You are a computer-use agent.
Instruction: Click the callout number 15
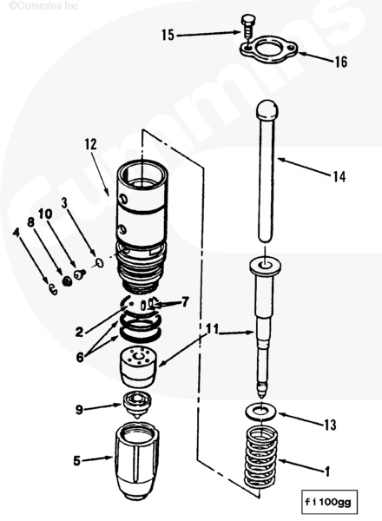click(168, 35)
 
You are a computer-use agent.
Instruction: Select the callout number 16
click(341, 62)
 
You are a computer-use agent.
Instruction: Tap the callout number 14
click(339, 177)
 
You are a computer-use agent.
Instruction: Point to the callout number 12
click(90, 144)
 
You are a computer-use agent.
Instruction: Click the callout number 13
click(330, 425)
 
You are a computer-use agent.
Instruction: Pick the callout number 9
click(79, 409)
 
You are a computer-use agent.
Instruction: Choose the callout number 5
click(76, 461)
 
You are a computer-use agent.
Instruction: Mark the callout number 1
click(327, 472)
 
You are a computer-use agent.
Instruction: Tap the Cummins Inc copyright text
click(43, 6)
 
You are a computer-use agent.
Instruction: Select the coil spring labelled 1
click(260, 458)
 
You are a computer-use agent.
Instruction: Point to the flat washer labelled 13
click(260, 412)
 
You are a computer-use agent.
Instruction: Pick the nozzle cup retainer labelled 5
click(136, 460)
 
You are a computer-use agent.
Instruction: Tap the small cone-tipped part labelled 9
click(136, 405)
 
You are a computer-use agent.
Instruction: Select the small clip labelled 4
click(52, 289)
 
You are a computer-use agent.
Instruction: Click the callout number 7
click(185, 301)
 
